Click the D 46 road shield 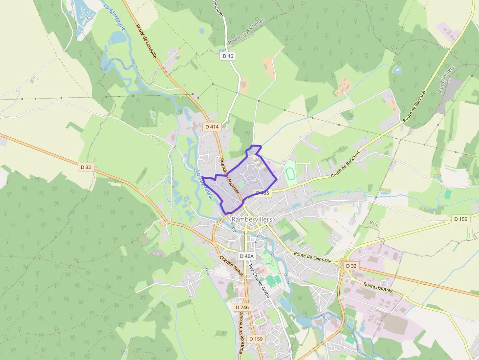click(228, 56)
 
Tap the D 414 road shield click(213, 127)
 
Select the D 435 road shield click(262, 193)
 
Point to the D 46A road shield click(247, 256)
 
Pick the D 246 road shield click(241, 308)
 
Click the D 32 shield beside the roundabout click(350, 266)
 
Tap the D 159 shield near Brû click(461, 219)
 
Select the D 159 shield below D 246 click(256, 339)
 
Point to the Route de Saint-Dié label click(314, 257)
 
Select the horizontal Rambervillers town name click(252, 219)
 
